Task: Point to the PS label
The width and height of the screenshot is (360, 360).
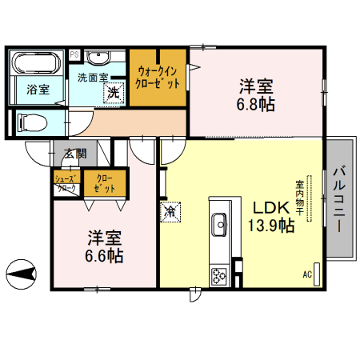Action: (x=74, y=54)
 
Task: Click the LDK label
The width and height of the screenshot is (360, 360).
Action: (x=270, y=205)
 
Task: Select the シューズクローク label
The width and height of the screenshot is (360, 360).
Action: (x=66, y=182)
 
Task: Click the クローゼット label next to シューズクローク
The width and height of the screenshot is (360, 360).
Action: (x=104, y=182)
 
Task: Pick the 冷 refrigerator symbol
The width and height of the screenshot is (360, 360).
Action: (x=171, y=211)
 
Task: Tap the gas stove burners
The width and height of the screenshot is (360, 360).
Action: (x=218, y=277)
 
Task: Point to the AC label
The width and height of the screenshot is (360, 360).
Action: (x=307, y=274)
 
